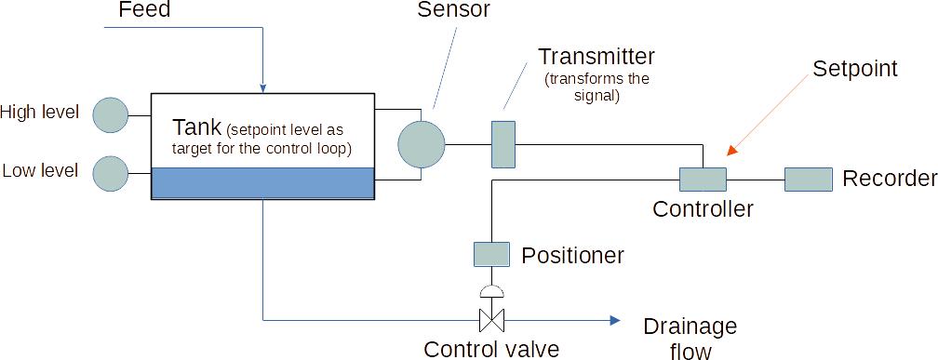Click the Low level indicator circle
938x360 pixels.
coord(111,173)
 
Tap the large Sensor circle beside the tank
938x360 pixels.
coord(422,144)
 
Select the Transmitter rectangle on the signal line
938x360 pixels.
coord(502,144)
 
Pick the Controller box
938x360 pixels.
coord(703,179)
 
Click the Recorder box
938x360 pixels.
coord(808,179)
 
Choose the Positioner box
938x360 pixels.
coord(491,254)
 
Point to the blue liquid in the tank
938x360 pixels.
coord(262,182)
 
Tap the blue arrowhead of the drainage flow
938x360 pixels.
coord(615,320)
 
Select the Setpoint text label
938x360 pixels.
coord(854,69)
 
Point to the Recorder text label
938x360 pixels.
coord(889,179)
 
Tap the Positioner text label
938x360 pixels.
coord(572,255)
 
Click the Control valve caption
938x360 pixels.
coord(491,349)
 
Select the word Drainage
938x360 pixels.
coord(690,327)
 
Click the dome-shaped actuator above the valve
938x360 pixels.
coord(490,291)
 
